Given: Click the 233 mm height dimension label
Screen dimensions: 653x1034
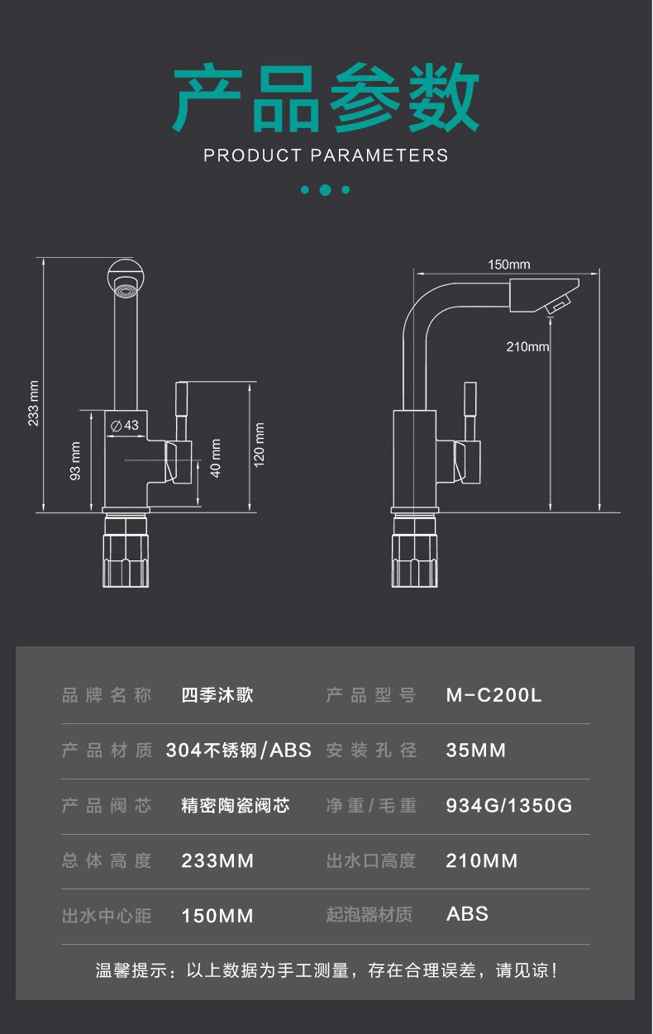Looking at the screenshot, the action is [x=34, y=403].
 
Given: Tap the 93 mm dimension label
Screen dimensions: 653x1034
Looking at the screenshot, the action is [x=75, y=460].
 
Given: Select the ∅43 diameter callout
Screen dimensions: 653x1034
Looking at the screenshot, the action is [x=125, y=425].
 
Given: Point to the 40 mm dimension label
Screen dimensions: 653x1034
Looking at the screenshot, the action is [x=216, y=458].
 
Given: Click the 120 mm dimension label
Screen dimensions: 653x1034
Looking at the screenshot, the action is [x=260, y=445].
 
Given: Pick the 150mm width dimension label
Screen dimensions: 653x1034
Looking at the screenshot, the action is [x=509, y=264].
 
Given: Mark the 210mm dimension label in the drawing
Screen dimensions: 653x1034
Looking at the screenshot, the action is [x=527, y=346].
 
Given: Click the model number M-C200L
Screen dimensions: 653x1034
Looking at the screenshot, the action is [x=493, y=695].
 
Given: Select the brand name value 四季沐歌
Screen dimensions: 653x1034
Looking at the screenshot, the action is [x=217, y=695].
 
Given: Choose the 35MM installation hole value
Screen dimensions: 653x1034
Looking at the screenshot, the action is [x=476, y=750].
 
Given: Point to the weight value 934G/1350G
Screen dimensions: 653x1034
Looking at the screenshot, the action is [x=509, y=806].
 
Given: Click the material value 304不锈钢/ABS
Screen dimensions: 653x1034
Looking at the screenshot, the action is [x=239, y=750].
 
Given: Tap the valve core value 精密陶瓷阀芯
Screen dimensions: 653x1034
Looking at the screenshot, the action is [x=236, y=806].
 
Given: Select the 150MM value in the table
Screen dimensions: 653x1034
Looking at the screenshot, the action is [x=217, y=916].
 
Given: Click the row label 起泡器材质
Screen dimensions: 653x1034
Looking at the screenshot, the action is [x=369, y=914].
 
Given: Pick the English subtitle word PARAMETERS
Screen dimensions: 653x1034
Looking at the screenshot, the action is [x=379, y=155].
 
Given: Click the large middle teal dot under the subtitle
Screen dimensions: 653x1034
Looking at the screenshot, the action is [x=325, y=190].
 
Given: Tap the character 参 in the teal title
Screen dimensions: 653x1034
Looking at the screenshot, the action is [x=365, y=98].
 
